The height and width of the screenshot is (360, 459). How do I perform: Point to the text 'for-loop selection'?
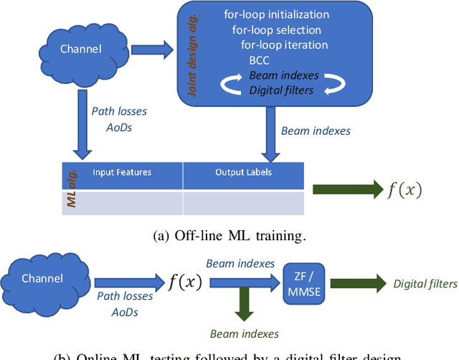276,30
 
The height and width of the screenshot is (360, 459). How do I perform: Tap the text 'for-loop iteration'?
285,45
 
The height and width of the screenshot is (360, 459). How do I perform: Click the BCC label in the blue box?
259,61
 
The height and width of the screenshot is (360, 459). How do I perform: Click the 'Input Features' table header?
121,173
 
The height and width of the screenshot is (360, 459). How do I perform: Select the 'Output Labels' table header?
243,173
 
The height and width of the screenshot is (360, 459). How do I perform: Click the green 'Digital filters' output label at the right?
425,283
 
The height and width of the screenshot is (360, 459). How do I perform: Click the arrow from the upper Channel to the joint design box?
156,50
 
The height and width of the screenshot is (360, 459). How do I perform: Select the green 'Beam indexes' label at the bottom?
244,333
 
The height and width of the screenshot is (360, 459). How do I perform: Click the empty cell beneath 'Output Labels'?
243,204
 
